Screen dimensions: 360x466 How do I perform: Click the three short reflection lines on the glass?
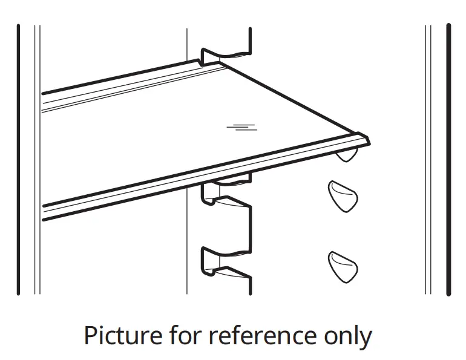(x=241, y=126)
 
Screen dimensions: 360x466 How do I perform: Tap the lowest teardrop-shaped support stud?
(x=343, y=266)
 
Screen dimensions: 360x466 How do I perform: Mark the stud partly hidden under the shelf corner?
(x=346, y=156)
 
